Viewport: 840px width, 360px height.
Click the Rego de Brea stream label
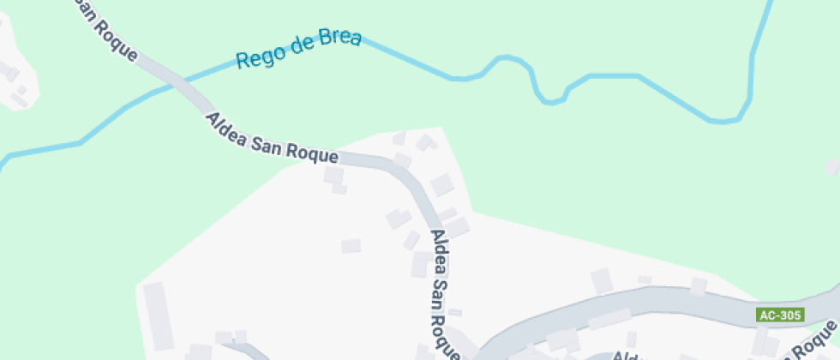coord(298,50)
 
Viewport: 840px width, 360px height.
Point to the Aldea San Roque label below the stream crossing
coord(273,138)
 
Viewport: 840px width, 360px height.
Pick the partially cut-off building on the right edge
coord(831,166)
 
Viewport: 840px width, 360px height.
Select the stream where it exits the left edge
coord(3,159)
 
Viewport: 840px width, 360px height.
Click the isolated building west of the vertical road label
coord(351,247)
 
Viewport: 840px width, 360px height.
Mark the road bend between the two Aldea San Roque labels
coord(408,177)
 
